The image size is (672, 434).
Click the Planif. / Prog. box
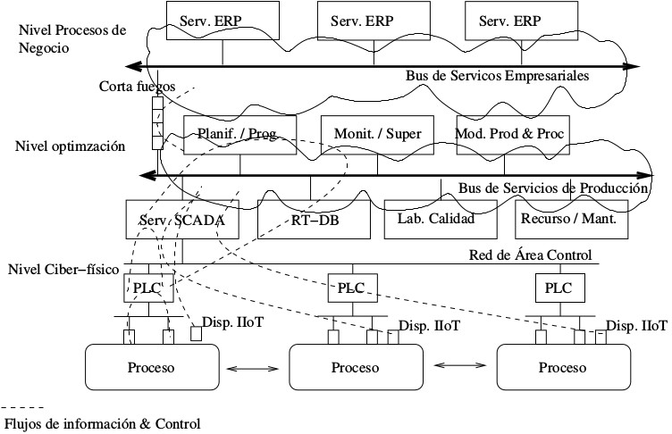[239, 134]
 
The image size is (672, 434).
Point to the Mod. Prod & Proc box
[511, 134]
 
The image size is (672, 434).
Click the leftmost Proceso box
[150, 367]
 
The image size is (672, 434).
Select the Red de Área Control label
[531, 255]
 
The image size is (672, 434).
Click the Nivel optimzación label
[70, 145]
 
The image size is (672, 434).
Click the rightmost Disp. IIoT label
[636, 325]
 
